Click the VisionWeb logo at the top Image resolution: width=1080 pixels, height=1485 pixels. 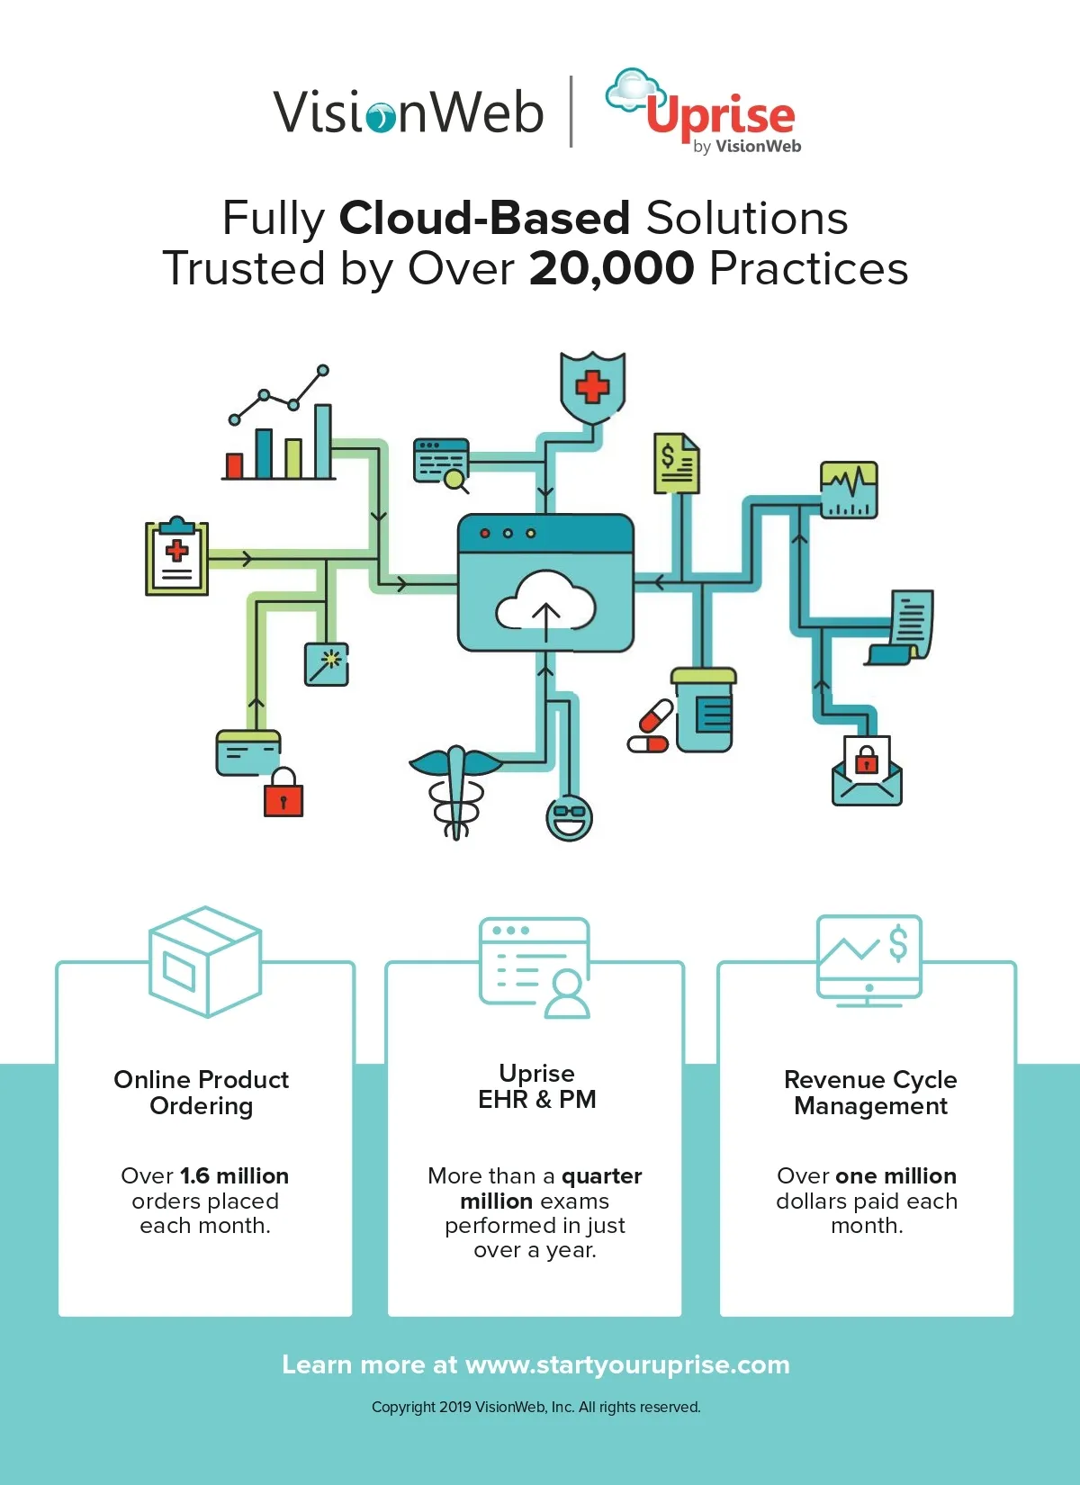[409, 112]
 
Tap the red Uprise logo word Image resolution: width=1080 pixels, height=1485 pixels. [720, 115]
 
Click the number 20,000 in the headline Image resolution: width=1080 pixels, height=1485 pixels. [612, 268]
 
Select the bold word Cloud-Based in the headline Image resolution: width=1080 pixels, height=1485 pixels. [484, 218]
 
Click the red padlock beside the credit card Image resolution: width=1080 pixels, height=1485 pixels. [283, 793]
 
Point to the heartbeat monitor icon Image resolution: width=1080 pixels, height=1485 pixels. [849, 490]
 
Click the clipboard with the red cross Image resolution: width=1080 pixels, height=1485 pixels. [177, 557]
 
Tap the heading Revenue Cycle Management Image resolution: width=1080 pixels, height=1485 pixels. [870, 1093]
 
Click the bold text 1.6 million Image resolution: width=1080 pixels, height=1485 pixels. [234, 1176]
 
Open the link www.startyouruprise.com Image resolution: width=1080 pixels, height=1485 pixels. [627, 1365]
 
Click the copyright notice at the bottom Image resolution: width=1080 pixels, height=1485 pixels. [535, 1408]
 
